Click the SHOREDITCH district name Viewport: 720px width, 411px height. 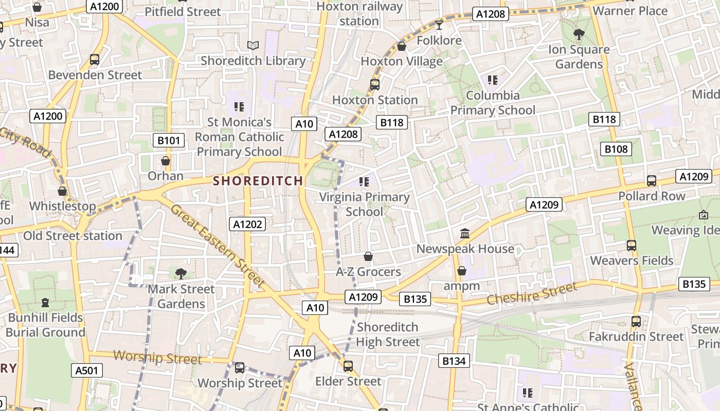coord(258,181)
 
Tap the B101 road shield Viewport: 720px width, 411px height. coord(169,140)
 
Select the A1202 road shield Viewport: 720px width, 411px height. coord(247,224)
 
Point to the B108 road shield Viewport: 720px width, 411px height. coord(616,149)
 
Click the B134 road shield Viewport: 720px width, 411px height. coord(454,361)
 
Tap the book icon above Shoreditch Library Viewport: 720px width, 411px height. coord(253,46)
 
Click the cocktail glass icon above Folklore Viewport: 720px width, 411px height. coord(439,25)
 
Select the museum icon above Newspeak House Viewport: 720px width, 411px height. coord(465,234)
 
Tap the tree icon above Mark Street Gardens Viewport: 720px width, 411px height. coord(181,274)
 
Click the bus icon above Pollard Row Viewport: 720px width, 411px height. coord(652,181)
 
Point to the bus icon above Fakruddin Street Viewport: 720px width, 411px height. coord(636,322)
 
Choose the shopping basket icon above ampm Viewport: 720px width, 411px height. coord(462,271)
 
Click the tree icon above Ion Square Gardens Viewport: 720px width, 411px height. coord(579,34)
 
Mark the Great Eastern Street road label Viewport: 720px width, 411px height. coord(218,246)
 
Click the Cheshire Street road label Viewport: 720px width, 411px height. coord(532,294)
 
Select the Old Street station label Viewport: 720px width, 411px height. coord(73,236)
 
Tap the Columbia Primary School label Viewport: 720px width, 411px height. coord(493,103)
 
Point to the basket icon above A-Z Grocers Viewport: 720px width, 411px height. coord(368,256)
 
